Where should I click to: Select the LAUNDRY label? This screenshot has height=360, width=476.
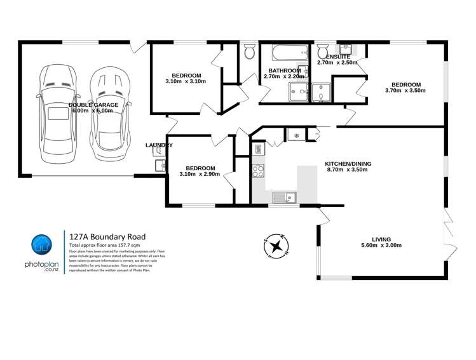158,145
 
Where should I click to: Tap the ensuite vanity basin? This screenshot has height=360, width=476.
346,50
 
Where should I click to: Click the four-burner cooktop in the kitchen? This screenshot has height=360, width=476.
258,170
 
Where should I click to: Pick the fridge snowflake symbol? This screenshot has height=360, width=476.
295,135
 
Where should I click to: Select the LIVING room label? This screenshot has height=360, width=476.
381,239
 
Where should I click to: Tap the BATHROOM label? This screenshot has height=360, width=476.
284,70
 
